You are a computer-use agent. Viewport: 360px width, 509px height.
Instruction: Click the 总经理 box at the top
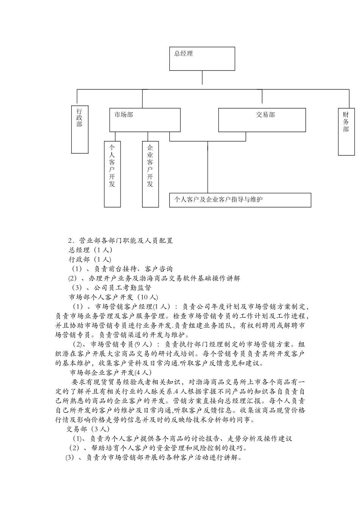[x=202, y=59]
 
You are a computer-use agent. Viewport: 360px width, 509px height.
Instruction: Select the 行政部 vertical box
[x=80, y=129]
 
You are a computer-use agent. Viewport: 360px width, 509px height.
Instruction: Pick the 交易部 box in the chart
[x=262, y=120]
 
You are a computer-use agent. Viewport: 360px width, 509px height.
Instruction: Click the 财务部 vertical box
[x=346, y=132]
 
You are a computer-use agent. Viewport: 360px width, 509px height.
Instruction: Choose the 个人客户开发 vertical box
[x=112, y=174]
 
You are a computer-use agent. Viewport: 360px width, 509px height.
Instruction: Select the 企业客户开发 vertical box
[x=150, y=174]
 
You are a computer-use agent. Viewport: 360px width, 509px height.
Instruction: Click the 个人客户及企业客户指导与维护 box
[x=240, y=200]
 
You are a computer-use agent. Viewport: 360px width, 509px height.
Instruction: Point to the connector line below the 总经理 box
[x=202, y=77]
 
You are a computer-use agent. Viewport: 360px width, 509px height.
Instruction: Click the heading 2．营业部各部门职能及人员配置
[x=121, y=240]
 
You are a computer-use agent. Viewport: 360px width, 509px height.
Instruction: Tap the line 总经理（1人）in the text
[x=90, y=250]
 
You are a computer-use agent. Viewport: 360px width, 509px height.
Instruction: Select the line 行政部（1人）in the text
[x=90, y=259]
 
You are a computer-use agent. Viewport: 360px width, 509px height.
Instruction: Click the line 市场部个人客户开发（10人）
[x=113, y=297]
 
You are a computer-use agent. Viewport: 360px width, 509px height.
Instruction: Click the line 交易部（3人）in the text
[x=88, y=429]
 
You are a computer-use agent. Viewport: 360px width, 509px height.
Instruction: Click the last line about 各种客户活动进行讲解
[x=154, y=457]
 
